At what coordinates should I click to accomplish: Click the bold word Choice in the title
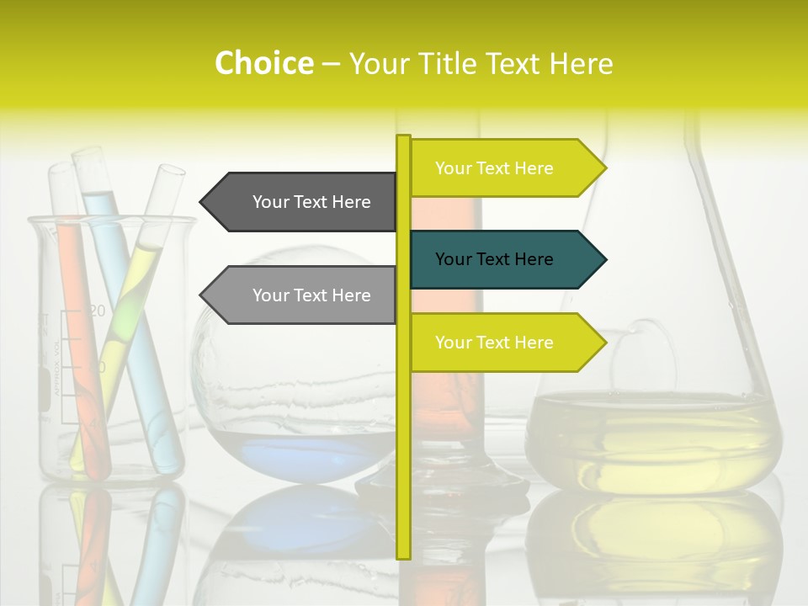coord(263,63)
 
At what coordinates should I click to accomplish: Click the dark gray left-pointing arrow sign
coord(303,202)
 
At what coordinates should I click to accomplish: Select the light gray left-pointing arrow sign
coord(303,295)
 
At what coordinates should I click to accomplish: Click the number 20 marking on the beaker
coord(97,311)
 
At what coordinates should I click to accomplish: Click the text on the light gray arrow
coord(311,295)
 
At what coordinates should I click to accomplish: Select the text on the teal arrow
coord(494,259)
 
